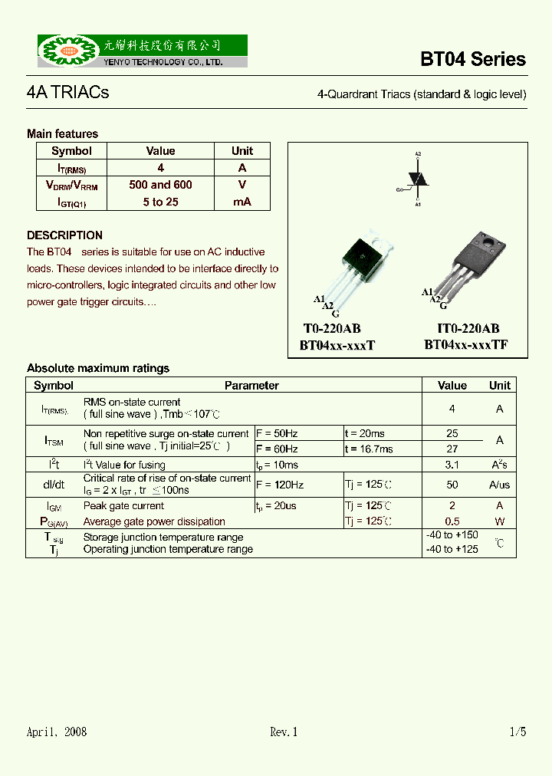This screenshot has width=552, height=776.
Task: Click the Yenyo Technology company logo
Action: [142, 51]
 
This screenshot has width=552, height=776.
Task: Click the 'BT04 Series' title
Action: [472, 60]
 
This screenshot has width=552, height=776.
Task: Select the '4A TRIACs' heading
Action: [67, 93]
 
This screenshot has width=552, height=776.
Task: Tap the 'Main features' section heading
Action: [62, 133]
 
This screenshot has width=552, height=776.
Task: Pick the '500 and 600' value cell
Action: [160, 185]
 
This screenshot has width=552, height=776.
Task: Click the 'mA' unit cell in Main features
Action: [242, 202]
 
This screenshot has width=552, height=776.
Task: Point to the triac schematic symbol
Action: [417, 179]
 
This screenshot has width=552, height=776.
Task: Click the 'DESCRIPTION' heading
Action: [64, 235]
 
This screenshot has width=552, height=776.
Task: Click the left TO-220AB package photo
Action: [360, 264]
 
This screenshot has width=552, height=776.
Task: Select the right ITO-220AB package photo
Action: [468, 264]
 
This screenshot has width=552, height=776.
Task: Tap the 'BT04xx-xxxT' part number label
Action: [337, 346]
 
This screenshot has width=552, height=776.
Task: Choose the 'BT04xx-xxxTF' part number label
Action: [465, 346]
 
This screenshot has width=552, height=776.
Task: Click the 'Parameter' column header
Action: [251, 386]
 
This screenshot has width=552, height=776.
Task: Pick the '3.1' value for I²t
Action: [452, 465]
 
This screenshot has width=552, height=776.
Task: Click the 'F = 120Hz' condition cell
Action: [280, 485]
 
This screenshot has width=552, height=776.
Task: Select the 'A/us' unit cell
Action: [499, 485]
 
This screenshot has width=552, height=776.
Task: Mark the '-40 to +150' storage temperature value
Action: [452, 535]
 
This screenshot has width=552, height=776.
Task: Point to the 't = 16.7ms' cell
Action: [369, 449]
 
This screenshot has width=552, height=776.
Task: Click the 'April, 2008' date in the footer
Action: [57, 732]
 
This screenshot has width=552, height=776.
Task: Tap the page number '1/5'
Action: [517, 732]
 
